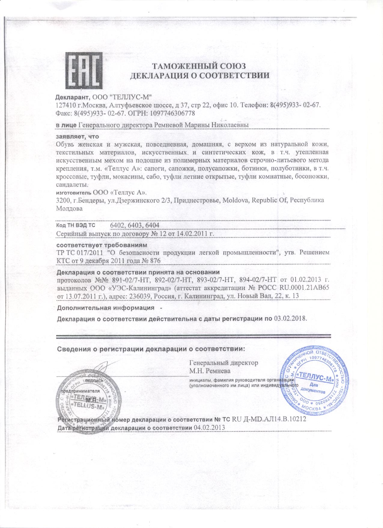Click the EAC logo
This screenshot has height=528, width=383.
84,71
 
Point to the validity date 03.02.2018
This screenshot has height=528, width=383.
290,318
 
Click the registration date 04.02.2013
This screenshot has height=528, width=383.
209,427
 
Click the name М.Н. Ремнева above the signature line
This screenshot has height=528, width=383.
209,369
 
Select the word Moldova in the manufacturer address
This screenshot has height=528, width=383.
236,200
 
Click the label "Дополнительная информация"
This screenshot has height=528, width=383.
104,308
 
